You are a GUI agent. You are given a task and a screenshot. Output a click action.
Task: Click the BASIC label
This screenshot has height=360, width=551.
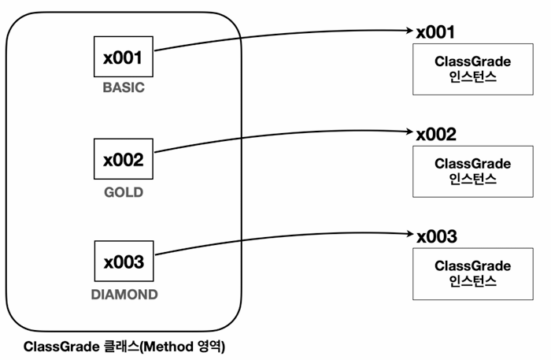tap(124, 87)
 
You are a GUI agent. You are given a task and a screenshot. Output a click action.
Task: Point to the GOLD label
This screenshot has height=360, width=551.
tap(124, 192)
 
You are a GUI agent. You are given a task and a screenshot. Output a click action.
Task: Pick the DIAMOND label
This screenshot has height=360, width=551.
tap(124, 295)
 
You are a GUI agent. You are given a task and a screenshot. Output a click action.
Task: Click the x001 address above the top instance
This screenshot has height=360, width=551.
tap(435, 32)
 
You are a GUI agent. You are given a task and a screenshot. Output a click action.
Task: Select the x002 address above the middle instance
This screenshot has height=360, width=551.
tap(436, 134)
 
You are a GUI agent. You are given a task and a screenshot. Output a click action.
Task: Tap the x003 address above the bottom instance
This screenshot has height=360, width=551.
tap(437, 236)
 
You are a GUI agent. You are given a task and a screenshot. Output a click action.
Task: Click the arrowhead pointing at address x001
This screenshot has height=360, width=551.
tap(410, 31)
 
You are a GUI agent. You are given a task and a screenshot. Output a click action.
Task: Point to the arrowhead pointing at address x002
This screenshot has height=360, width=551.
tap(410, 132)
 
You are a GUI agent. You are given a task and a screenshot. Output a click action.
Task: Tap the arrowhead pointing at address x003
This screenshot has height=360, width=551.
tap(410, 234)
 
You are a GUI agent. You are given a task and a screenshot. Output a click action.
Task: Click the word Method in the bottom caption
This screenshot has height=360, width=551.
tap(168, 347)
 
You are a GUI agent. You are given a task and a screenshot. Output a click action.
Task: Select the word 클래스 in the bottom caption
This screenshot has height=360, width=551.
tap(121, 347)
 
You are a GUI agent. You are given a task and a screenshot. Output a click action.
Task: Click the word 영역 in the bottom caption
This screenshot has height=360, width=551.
tap(209, 347)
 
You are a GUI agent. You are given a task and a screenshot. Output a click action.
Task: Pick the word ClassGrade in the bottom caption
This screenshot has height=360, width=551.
tap(62, 347)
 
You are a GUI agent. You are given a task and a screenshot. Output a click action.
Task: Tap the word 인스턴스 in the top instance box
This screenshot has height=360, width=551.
tap(472, 77)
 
